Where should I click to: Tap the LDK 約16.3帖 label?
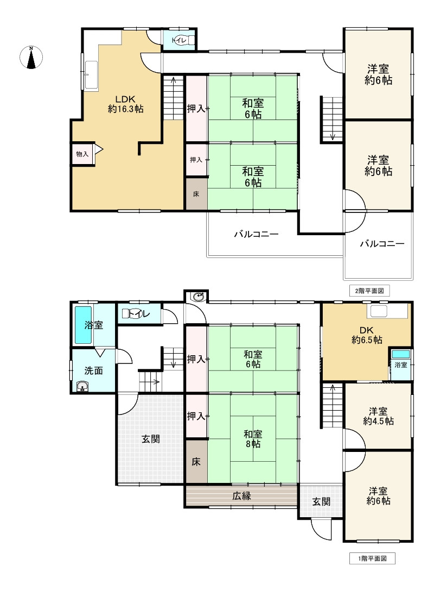coord(126,104)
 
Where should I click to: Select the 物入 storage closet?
coord(82,154)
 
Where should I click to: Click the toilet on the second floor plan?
coord(180,40)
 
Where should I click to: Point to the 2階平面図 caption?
coord(369,291)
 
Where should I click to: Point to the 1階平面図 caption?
coord(372,558)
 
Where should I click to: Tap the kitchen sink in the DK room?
coord(378,311)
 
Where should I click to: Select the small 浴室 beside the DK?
coord(401,364)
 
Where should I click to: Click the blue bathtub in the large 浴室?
coord(83,325)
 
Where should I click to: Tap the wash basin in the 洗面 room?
coord(82,386)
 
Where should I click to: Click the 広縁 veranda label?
coord(242,495)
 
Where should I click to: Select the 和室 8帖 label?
coord(252,439)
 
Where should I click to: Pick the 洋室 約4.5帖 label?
coord(378,416)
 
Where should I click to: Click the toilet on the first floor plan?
coord(135,313)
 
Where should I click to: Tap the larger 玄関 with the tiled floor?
coord(150,439)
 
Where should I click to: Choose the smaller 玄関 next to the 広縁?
coord(321,502)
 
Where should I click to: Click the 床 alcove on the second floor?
coord(196,193)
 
